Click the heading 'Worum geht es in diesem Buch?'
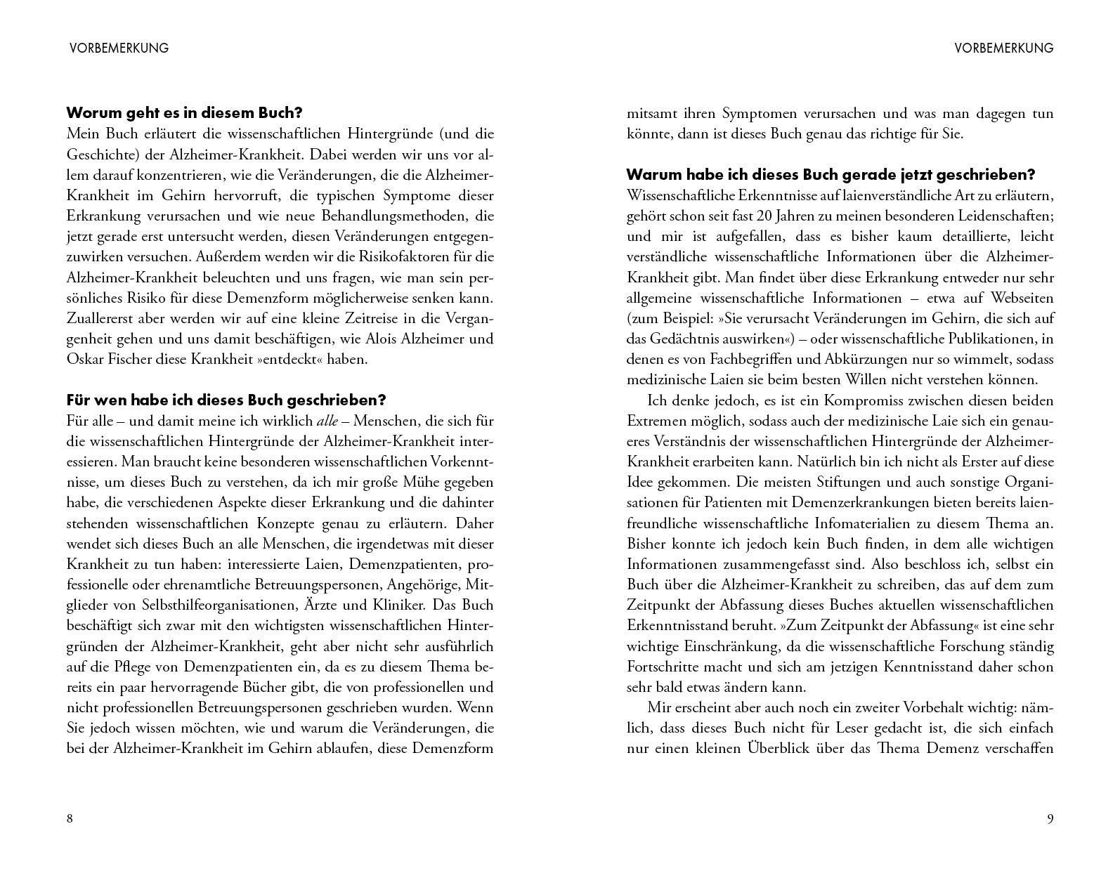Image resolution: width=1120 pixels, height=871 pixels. [184, 112]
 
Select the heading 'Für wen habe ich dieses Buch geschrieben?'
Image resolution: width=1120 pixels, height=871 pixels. [226, 400]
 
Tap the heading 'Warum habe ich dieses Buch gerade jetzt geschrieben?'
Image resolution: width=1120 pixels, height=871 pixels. [831, 174]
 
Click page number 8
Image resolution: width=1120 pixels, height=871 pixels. [70, 818]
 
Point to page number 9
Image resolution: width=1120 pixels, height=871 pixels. [1050, 818]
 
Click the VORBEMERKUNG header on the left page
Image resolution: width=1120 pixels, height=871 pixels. [119, 48]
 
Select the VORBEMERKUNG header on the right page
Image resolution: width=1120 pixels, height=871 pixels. [1004, 48]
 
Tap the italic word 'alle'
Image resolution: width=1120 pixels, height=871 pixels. [327, 421]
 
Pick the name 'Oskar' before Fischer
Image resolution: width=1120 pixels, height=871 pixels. [86, 359]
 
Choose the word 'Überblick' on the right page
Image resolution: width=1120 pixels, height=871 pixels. [778, 748]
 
